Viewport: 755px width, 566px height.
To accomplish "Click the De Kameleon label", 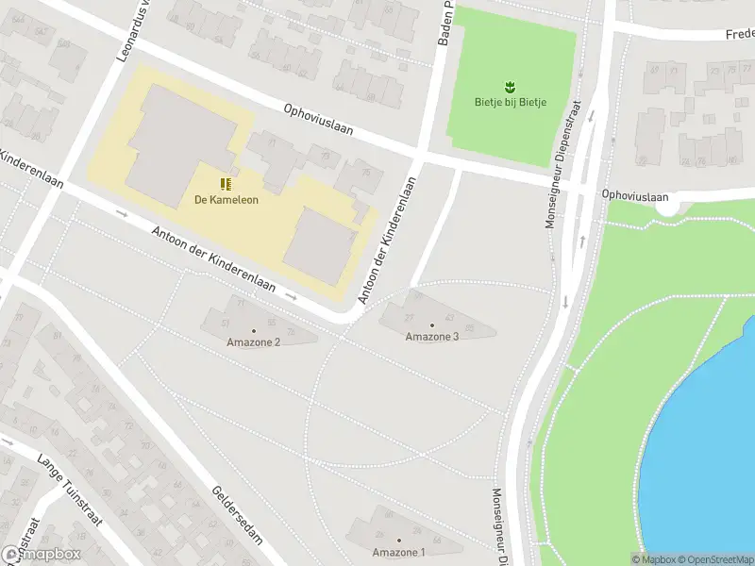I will [226, 199].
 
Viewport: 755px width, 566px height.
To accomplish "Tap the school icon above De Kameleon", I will [226, 183].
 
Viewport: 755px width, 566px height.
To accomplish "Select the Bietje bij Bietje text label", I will [511, 102].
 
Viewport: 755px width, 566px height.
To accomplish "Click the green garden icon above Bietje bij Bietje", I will [511, 87].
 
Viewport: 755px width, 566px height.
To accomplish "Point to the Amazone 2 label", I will [253, 341].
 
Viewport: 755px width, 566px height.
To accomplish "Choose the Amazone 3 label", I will [432, 337].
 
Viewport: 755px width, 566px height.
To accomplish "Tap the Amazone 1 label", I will [398, 552].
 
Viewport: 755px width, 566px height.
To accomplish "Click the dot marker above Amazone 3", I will [432, 325].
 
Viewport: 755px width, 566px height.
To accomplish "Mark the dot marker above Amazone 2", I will [253, 329].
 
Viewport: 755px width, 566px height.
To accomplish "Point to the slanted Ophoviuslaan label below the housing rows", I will [318, 120].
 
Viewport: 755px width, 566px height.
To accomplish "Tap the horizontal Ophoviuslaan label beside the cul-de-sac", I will [636, 196].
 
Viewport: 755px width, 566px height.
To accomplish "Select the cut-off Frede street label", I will [739, 34].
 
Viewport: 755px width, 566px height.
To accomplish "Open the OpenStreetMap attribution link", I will [713, 559].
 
